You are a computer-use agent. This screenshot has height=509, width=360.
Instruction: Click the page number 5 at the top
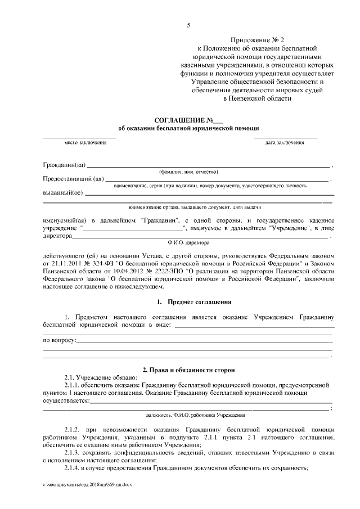188,25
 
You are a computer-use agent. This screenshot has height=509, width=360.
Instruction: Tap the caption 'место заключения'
85,143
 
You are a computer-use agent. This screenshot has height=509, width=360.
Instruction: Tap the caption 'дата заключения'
285,143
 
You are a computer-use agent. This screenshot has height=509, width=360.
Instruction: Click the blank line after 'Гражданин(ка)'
208,166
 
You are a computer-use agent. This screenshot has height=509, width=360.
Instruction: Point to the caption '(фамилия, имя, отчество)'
188,172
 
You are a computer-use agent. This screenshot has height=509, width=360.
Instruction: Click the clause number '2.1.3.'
73,452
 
